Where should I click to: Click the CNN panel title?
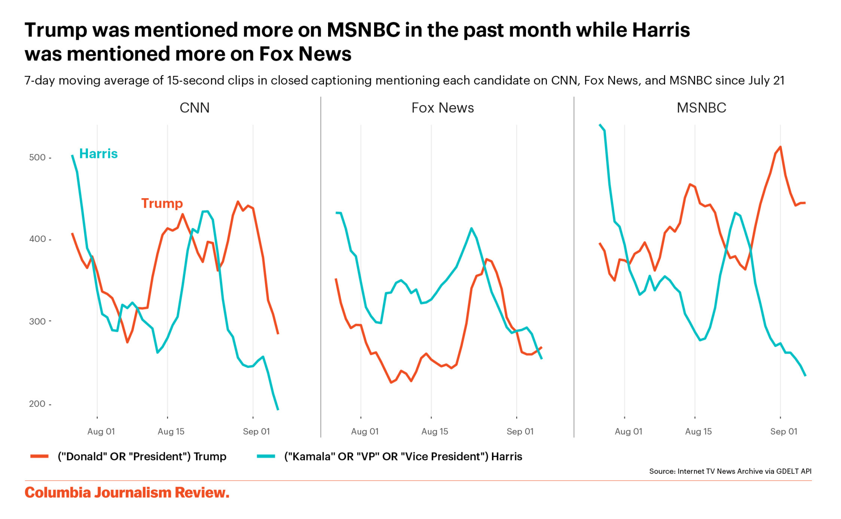tap(194, 108)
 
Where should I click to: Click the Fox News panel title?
tap(442, 108)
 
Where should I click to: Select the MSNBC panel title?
tap(701, 108)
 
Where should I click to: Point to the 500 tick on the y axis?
tap(37, 158)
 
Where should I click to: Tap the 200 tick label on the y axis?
tap(37, 404)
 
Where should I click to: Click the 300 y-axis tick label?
tap(37, 321)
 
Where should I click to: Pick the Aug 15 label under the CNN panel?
tap(171, 432)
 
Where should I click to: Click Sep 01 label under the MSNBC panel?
tap(784, 432)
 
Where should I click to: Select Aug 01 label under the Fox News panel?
tap(365, 432)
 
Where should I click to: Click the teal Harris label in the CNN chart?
tap(98, 154)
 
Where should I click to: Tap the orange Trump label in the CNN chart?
tap(162, 203)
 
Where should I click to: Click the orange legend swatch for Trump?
tap(39, 456)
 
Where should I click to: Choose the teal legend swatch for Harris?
tap(266, 456)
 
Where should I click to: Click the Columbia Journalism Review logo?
tap(127, 492)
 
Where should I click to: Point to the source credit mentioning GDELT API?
tap(730, 471)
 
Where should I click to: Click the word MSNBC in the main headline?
tap(363, 30)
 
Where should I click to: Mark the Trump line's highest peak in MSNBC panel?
tap(780, 147)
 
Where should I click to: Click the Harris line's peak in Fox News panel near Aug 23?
tap(471, 228)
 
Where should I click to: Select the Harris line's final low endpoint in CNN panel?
tap(278, 409)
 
